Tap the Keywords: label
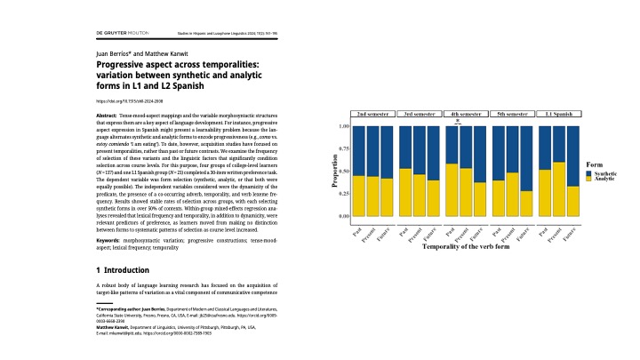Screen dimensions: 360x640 (x=108, y=241)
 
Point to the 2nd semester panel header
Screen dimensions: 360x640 (x=372, y=115)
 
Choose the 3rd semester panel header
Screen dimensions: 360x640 (x=420, y=115)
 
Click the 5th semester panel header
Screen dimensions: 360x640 (x=513, y=115)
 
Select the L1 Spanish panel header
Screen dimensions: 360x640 (x=560, y=115)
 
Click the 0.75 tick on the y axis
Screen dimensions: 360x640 (x=344, y=149)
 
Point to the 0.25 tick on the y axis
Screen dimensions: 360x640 (x=344, y=194)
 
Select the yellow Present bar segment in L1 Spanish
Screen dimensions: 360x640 (x=560, y=189)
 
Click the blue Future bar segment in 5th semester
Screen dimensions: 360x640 (x=528, y=158)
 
